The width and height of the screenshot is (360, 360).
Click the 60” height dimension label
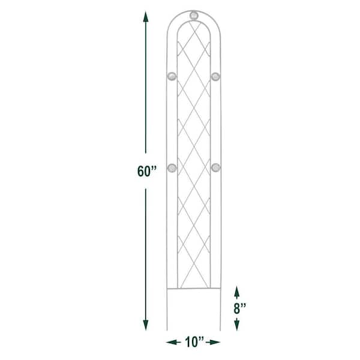pyautogui.click(x=147, y=171)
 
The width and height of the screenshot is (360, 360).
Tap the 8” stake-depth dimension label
pyautogui.click(x=240, y=308)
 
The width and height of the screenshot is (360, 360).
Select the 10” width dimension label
pyautogui.click(x=194, y=342)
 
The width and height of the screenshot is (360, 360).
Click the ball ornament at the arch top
pyautogui.click(x=194, y=16)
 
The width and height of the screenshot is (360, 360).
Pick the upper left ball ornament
pyautogui.click(x=172, y=76)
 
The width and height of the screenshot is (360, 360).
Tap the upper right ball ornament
pyautogui.click(x=215, y=76)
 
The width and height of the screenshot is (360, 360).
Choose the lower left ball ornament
pyautogui.click(x=172, y=168)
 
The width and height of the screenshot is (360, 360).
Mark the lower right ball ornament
pyautogui.click(x=216, y=167)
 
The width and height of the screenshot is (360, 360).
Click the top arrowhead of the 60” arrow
pyautogui.click(x=146, y=17)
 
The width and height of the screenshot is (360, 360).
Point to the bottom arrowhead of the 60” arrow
pyautogui.click(x=146, y=325)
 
